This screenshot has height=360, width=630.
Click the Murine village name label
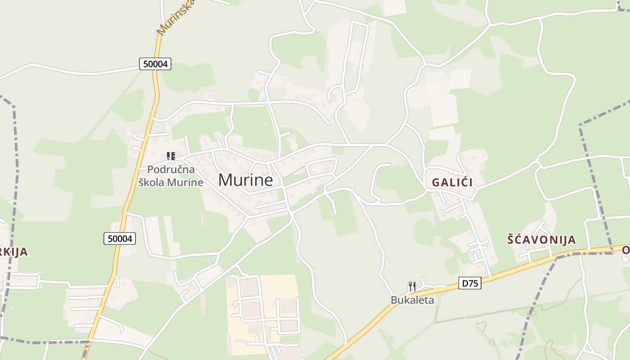click(245, 180)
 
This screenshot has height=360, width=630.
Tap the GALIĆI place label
click(452, 183)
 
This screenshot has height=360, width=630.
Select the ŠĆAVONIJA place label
click(541, 239)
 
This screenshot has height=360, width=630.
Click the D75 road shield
click(470, 283)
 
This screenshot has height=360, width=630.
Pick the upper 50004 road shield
click(155, 64)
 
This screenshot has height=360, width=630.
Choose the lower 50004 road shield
click(120, 238)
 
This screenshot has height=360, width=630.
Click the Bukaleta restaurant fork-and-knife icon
click(412, 286)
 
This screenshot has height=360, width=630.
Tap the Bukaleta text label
click(412, 300)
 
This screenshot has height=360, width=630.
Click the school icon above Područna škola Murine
click(171, 156)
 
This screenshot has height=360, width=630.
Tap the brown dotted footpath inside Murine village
click(295, 171)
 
